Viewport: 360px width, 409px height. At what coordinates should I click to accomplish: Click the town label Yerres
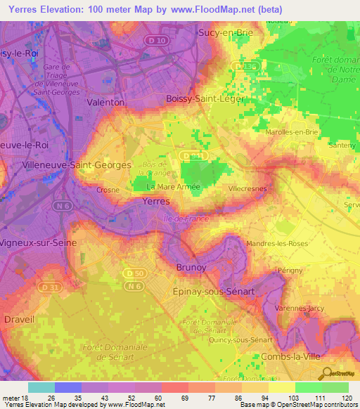pos(155,201)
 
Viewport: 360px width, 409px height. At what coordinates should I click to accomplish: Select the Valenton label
pos(105,102)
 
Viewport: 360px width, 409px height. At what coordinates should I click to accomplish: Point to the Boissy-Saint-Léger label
pos(205,99)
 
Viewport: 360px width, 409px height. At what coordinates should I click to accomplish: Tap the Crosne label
pos(109,190)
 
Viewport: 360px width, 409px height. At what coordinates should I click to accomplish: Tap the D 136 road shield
pos(242,66)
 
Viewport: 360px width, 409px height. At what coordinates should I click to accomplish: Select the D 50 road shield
pos(131,272)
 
